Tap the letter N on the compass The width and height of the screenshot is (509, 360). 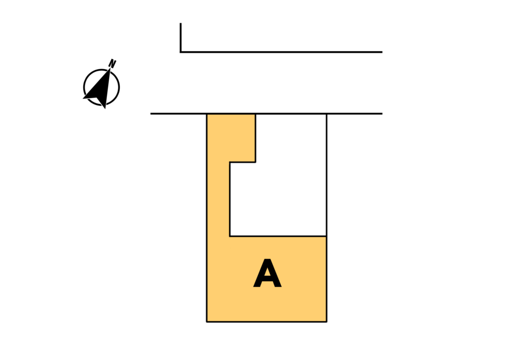[x=113, y=63]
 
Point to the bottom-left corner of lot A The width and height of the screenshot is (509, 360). [x=207, y=322]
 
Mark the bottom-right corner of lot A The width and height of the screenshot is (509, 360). [x=326, y=322]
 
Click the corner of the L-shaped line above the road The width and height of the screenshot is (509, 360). [x=180, y=52]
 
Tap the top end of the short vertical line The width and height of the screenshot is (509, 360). [x=180, y=23]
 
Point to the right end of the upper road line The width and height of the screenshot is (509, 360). [x=382, y=52]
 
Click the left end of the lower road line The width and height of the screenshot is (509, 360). [x=151, y=114]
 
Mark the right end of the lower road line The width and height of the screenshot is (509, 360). [x=382, y=114]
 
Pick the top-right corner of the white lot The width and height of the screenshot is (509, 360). [x=326, y=114]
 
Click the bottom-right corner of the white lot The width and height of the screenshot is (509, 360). [x=326, y=236]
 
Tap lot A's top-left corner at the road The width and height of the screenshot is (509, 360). [x=207, y=114]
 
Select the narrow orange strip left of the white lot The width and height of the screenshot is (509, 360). [x=218, y=199]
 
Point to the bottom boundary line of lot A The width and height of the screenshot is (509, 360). [x=266, y=322]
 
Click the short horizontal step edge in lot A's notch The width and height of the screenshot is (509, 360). [x=243, y=162]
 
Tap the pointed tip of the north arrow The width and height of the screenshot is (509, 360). [x=110, y=69]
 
